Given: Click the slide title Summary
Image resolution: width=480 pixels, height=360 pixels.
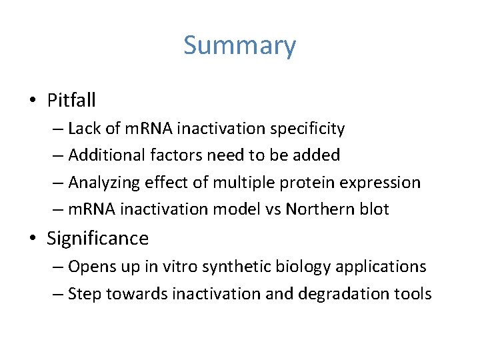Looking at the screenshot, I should point(239,46).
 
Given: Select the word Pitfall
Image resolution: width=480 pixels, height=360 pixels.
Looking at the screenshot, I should point(71,101).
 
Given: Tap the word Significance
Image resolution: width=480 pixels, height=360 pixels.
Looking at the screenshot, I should point(97,238).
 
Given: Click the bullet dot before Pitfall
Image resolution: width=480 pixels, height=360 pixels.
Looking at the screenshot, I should point(33,101).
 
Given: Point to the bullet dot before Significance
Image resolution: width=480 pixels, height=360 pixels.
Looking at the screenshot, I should point(33,239).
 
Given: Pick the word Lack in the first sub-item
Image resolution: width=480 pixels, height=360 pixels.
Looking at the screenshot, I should point(83,128).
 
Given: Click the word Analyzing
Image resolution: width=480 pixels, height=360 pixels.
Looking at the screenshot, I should point(104,183).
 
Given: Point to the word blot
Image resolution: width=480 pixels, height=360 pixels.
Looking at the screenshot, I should point(374,209).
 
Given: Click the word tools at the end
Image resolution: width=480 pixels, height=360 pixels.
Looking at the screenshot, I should point(413,293).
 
